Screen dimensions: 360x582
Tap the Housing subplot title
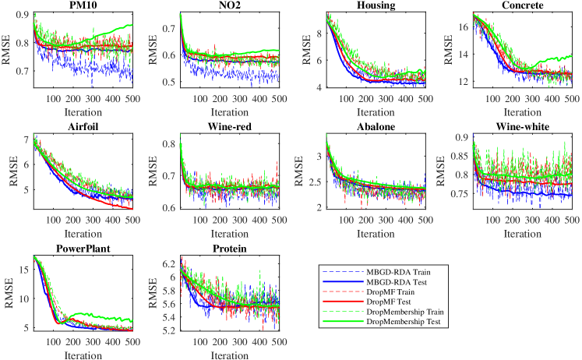(376, 6)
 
